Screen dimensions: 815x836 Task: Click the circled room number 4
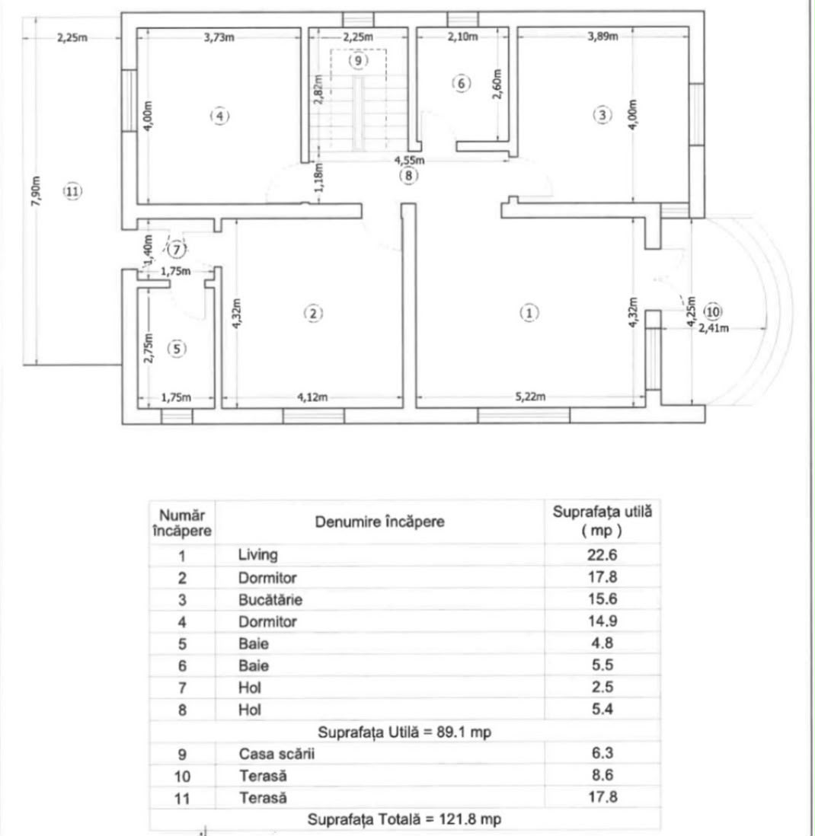click(x=220, y=116)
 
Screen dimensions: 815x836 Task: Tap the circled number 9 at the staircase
click(x=358, y=60)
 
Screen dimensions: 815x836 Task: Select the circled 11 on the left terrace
click(x=72, y=191)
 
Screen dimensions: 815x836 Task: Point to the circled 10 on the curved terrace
click(x=713, y=311)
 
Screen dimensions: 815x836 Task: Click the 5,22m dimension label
click(x=530, y=397)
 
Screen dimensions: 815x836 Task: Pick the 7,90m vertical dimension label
click(x=37, y=190)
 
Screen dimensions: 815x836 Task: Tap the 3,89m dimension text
click(x=602, y=37)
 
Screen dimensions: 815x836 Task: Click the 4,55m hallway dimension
click(x=410, y=160)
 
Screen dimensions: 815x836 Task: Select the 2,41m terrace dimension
click(x=714, y=328)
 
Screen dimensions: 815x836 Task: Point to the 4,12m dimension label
click(x=312, y=397)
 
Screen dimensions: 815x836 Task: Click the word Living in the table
click(x=257, y=555)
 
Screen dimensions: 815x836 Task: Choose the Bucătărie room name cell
click(x=270, y=600)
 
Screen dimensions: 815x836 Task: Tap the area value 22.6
click(x=602, y=555)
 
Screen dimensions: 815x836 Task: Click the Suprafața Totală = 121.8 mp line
click(x=404, y=819)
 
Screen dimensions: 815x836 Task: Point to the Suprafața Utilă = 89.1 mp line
click(x=404, y=732)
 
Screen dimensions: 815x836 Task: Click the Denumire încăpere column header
click(x=379, y=522)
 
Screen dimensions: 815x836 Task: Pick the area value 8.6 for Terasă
click(x=602, y=775)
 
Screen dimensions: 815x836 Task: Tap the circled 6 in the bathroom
click(x=462, y=83)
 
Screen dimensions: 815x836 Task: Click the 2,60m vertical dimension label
click(x=497, y=84)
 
